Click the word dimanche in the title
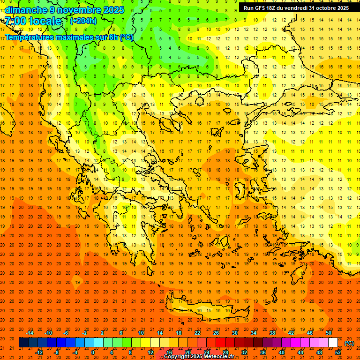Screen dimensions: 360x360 point(25,10)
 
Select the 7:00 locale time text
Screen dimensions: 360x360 point(33,21)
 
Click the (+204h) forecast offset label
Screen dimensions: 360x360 point(83,21)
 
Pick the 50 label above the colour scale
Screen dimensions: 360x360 point(329,333)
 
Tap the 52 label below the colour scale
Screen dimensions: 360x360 point(338,352)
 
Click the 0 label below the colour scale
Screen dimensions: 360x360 point(93,352)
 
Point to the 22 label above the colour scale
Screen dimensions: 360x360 point(197,333)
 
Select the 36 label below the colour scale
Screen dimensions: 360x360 point(263,352)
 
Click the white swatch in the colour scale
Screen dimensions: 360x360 point(333,343)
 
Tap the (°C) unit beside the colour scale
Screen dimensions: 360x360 point(349,343)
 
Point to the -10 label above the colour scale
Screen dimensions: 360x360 point(48,333)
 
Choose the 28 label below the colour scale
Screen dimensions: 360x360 point(225,352)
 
